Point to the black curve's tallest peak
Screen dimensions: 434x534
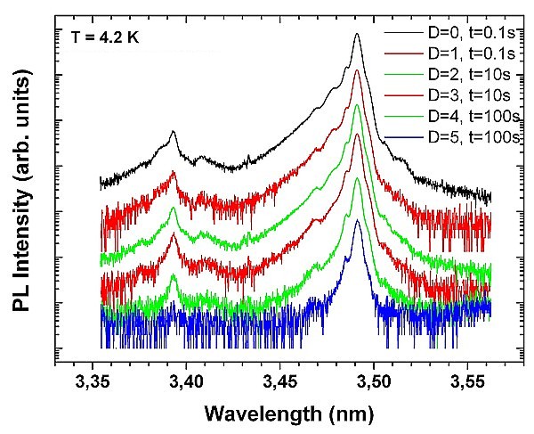click(x=357, y=35)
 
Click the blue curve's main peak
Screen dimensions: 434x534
click(x=357, y=221)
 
